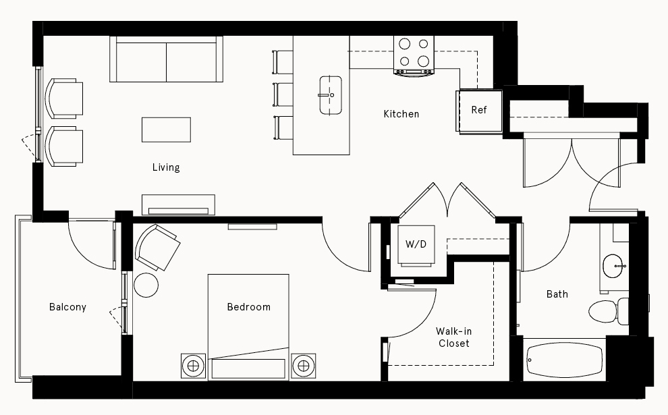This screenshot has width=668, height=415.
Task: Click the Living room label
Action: point(166,167)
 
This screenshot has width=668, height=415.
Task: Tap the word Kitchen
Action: point(401,114)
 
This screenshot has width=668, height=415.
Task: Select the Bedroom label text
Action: point(248,307)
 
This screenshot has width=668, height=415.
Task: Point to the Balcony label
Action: point(67,307)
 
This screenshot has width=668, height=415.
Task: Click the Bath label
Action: point(557,294)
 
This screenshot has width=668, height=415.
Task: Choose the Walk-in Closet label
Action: point(453,337)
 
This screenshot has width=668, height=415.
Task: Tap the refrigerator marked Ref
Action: point(480,111)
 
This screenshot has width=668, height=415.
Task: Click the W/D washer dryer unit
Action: point(416,245)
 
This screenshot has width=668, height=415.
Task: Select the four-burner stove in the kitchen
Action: point(414,55)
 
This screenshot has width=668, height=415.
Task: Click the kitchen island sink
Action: point(331,95)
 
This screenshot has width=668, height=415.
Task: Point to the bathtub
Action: point(564,360)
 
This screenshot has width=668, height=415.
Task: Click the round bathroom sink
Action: point(613,266)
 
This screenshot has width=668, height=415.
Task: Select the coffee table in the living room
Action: point(166,130)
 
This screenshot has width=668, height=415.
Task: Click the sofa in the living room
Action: point(166,59)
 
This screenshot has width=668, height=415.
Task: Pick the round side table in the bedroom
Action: point(146,285)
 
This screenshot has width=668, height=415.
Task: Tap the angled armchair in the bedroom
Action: point(157,247)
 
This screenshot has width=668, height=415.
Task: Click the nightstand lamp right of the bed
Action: point(304,366)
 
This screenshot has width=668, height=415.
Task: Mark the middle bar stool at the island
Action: point(283,94)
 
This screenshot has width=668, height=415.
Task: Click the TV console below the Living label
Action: point(178,205)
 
